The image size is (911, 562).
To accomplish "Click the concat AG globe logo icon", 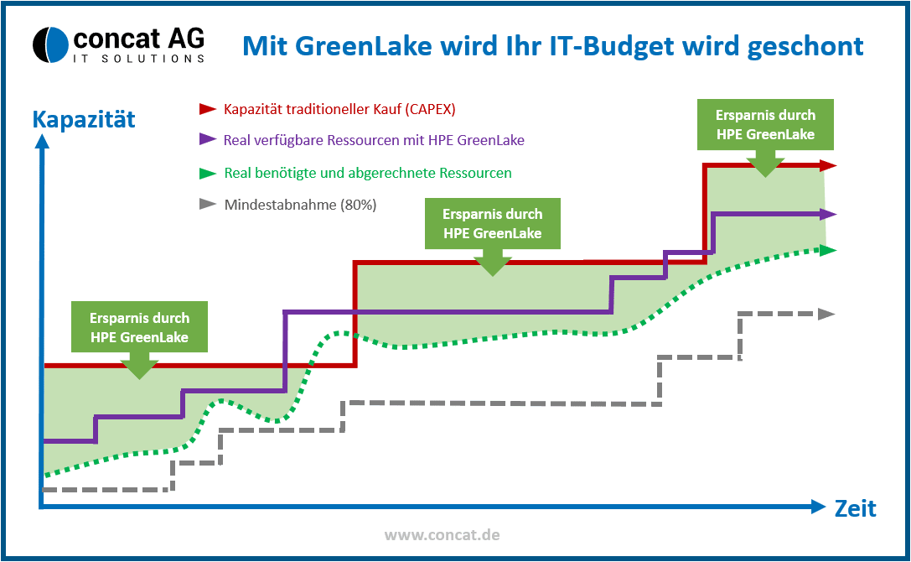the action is [x=50, y=44].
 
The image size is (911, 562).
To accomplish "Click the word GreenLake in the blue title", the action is [x=364, y=46].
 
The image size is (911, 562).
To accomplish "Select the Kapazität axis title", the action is [x=84, y=119].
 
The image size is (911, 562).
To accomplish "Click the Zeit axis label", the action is [x=855, y=508].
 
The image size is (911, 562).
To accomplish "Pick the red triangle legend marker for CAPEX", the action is [x=208, y=109].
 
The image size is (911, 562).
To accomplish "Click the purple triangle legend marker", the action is [x=208, y=139].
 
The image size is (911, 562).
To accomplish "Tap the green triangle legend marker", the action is [x=208, y=174].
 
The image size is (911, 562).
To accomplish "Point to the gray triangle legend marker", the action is [x=208, y=204].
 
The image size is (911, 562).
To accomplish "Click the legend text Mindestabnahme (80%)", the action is [x=300, y=205].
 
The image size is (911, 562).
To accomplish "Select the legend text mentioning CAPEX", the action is [x=339, y=109].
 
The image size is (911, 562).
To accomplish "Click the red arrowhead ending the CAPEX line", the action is [x=828, y=166].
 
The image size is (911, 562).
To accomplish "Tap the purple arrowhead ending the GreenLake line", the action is [x=828, y=215].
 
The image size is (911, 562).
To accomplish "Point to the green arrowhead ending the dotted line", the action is [x=828, y=250].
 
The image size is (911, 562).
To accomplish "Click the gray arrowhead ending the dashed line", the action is [x=826, y=315].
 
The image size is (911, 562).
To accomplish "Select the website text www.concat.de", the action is [x=443, y=534].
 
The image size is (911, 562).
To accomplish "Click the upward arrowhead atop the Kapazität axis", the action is [x=42, y=142].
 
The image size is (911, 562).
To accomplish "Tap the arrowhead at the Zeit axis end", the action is [x=818, y=507].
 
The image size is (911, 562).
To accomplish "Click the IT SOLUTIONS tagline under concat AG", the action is [x=139, y=58].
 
